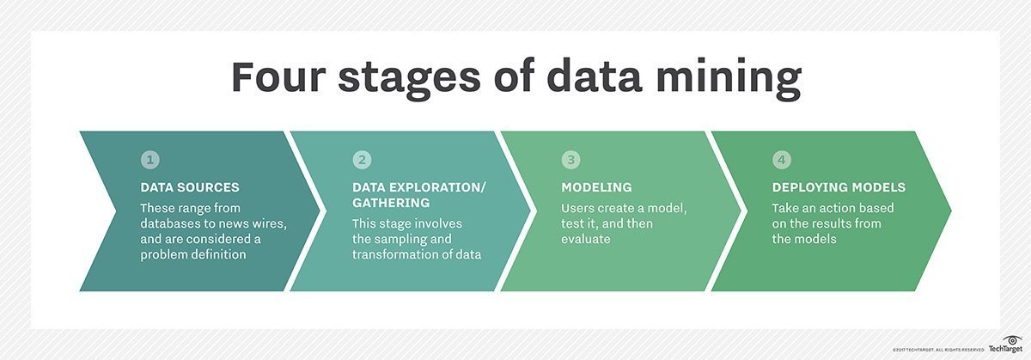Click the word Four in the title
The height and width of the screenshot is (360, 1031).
coord(278,76)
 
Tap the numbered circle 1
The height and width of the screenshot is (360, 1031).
coord(150,160)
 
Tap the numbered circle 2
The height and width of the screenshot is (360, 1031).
coord(362,160)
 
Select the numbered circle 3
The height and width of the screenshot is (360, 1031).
coord(570,160)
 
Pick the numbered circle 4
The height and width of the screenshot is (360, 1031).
coord(782,160)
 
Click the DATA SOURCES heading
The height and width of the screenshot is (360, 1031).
coord(190,187)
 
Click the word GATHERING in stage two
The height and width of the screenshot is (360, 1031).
coord(391,203)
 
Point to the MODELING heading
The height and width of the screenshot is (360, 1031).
coord(596,187)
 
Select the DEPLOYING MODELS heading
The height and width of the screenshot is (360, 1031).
coord(839,187)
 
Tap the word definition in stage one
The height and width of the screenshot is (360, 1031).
coord(220,254)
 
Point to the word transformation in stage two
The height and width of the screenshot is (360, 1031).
coord(393,254)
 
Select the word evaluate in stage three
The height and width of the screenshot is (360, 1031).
coord(585,240)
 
